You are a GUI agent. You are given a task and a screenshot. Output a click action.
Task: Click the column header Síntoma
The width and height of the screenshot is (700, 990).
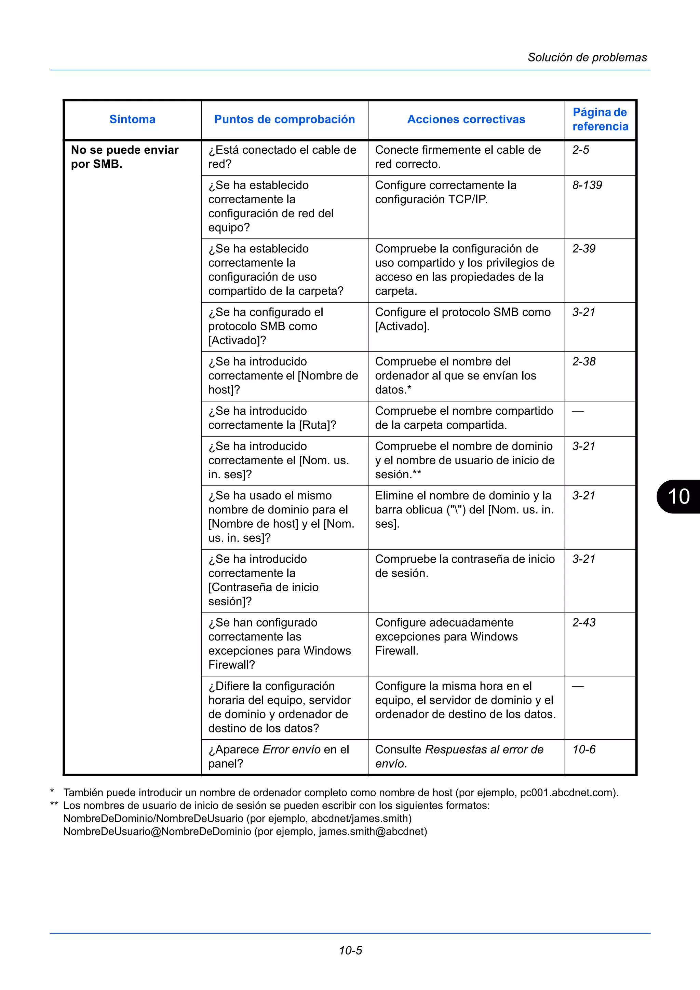point(132,120)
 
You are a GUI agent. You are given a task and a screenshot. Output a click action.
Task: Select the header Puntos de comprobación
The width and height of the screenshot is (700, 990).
point(284,120)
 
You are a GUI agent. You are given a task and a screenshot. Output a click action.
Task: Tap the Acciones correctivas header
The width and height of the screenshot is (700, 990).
point(466,120)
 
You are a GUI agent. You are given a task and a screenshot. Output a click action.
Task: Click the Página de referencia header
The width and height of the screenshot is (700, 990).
point(600,120)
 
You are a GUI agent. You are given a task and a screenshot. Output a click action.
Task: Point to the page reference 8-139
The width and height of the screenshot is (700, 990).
point(587,185)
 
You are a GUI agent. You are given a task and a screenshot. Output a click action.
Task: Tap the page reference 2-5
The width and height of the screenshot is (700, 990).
point(580,150)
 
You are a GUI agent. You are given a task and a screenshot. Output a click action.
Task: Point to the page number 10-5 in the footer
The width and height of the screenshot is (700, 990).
point(350,950)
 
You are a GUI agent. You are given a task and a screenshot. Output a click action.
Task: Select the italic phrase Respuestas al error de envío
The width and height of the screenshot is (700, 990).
point(459,756)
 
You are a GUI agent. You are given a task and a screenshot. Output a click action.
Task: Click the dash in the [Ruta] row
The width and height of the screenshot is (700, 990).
point(578,412)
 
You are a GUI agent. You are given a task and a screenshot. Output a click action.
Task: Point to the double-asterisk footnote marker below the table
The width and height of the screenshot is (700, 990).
point(54,805)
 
